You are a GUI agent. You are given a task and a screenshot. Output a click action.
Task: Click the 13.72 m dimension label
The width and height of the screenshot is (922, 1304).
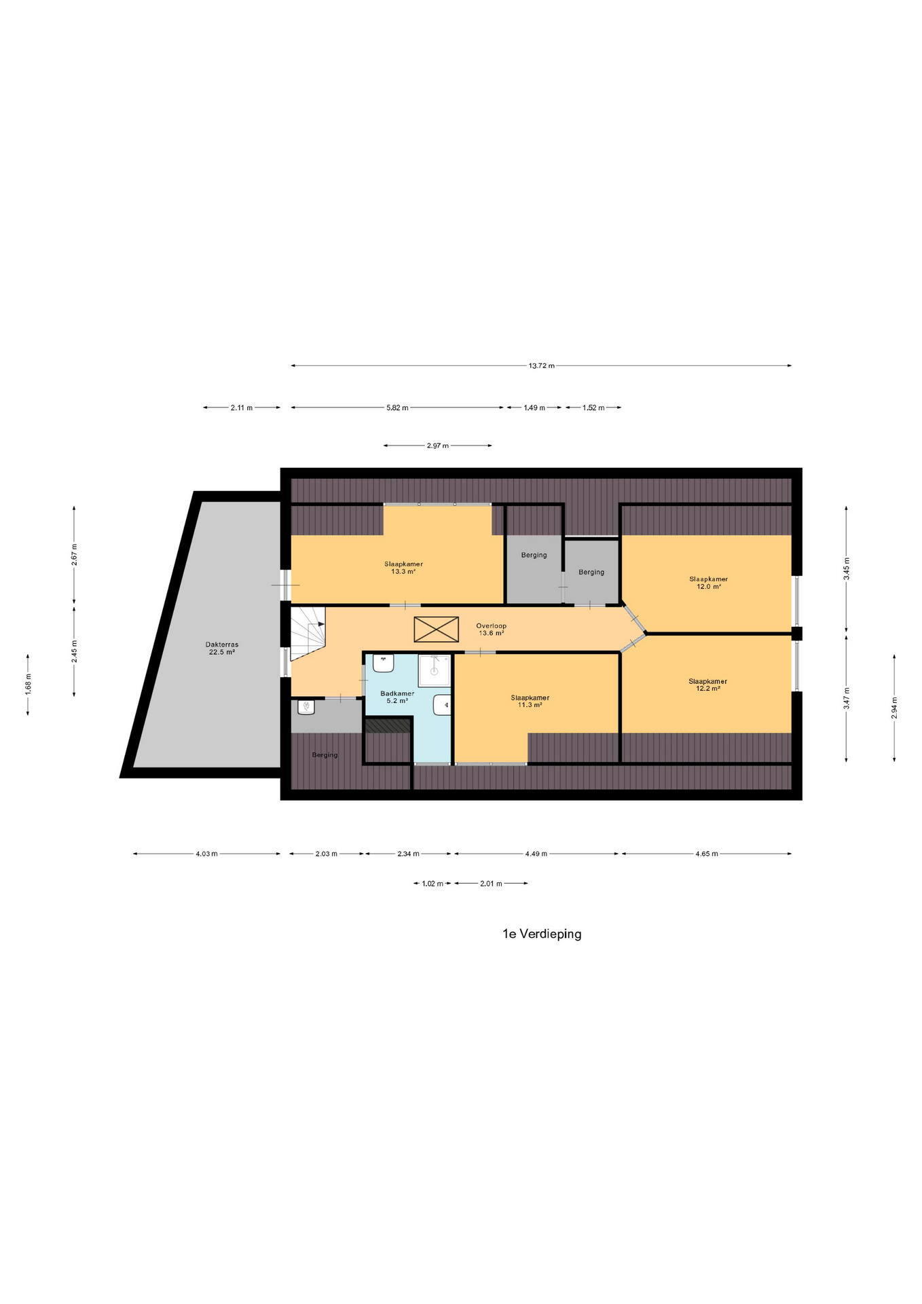tap(541, 366)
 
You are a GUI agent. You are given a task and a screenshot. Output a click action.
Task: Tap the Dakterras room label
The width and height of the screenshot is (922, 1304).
tap(222, 649)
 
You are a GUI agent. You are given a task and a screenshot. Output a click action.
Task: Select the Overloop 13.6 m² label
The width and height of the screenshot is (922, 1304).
tap(491, 630)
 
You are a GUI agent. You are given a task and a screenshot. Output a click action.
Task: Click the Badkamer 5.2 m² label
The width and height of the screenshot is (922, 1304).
tap(397, 698)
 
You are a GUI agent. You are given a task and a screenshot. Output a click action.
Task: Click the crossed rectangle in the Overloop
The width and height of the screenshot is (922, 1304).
tap(436, 629)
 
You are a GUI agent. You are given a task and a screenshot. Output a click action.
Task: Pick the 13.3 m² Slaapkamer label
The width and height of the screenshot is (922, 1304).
tap(403, 568)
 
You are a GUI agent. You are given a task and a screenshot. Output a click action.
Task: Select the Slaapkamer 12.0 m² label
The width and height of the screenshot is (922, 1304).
tap(708, 583)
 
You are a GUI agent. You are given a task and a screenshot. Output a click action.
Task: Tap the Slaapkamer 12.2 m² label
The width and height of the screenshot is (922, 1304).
tap(707, 685)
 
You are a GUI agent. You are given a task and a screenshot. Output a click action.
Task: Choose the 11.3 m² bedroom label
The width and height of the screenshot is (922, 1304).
tap(530, 701)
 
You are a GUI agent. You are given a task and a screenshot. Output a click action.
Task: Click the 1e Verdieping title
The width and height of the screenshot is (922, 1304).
tap(542, 934)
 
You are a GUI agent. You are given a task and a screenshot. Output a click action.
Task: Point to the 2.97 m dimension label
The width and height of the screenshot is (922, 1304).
tap(438, 446)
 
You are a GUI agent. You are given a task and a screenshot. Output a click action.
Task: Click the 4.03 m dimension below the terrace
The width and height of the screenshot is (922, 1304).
tap(206, 854)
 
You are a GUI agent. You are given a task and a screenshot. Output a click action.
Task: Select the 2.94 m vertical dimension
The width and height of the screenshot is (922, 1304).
tap(895, 708)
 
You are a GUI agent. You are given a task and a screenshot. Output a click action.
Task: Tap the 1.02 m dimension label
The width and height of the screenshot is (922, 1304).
tap(432, 884)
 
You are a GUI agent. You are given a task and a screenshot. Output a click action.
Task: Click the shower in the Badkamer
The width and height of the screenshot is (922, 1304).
tap(434, 670)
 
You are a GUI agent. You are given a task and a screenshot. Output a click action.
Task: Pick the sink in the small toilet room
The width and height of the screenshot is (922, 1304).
tap(306, 708)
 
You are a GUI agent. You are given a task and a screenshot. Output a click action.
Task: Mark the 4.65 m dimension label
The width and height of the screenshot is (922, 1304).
tap(707, 854)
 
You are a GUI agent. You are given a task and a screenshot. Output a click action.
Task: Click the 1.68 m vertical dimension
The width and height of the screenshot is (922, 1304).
tap(28, 684)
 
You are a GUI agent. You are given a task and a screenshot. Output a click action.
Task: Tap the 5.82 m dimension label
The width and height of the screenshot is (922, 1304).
tap(398, 408)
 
